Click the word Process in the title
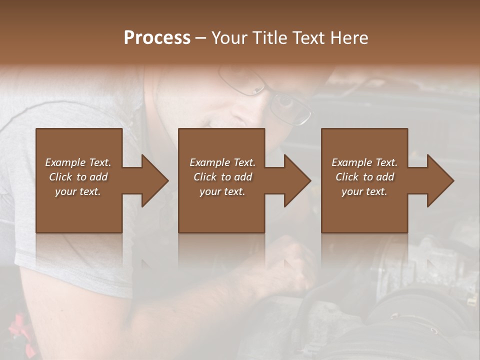point(157,38)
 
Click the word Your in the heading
point(231,38)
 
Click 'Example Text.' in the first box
point(78,162)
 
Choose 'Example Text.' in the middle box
point(222,162)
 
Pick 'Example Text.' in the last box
point(364,162)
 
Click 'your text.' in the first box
point(78,191)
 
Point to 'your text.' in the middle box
point(222,191)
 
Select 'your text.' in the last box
point(364,191)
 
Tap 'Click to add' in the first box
point(78,177)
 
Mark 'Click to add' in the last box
point(364,177)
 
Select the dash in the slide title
point(201,38)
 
